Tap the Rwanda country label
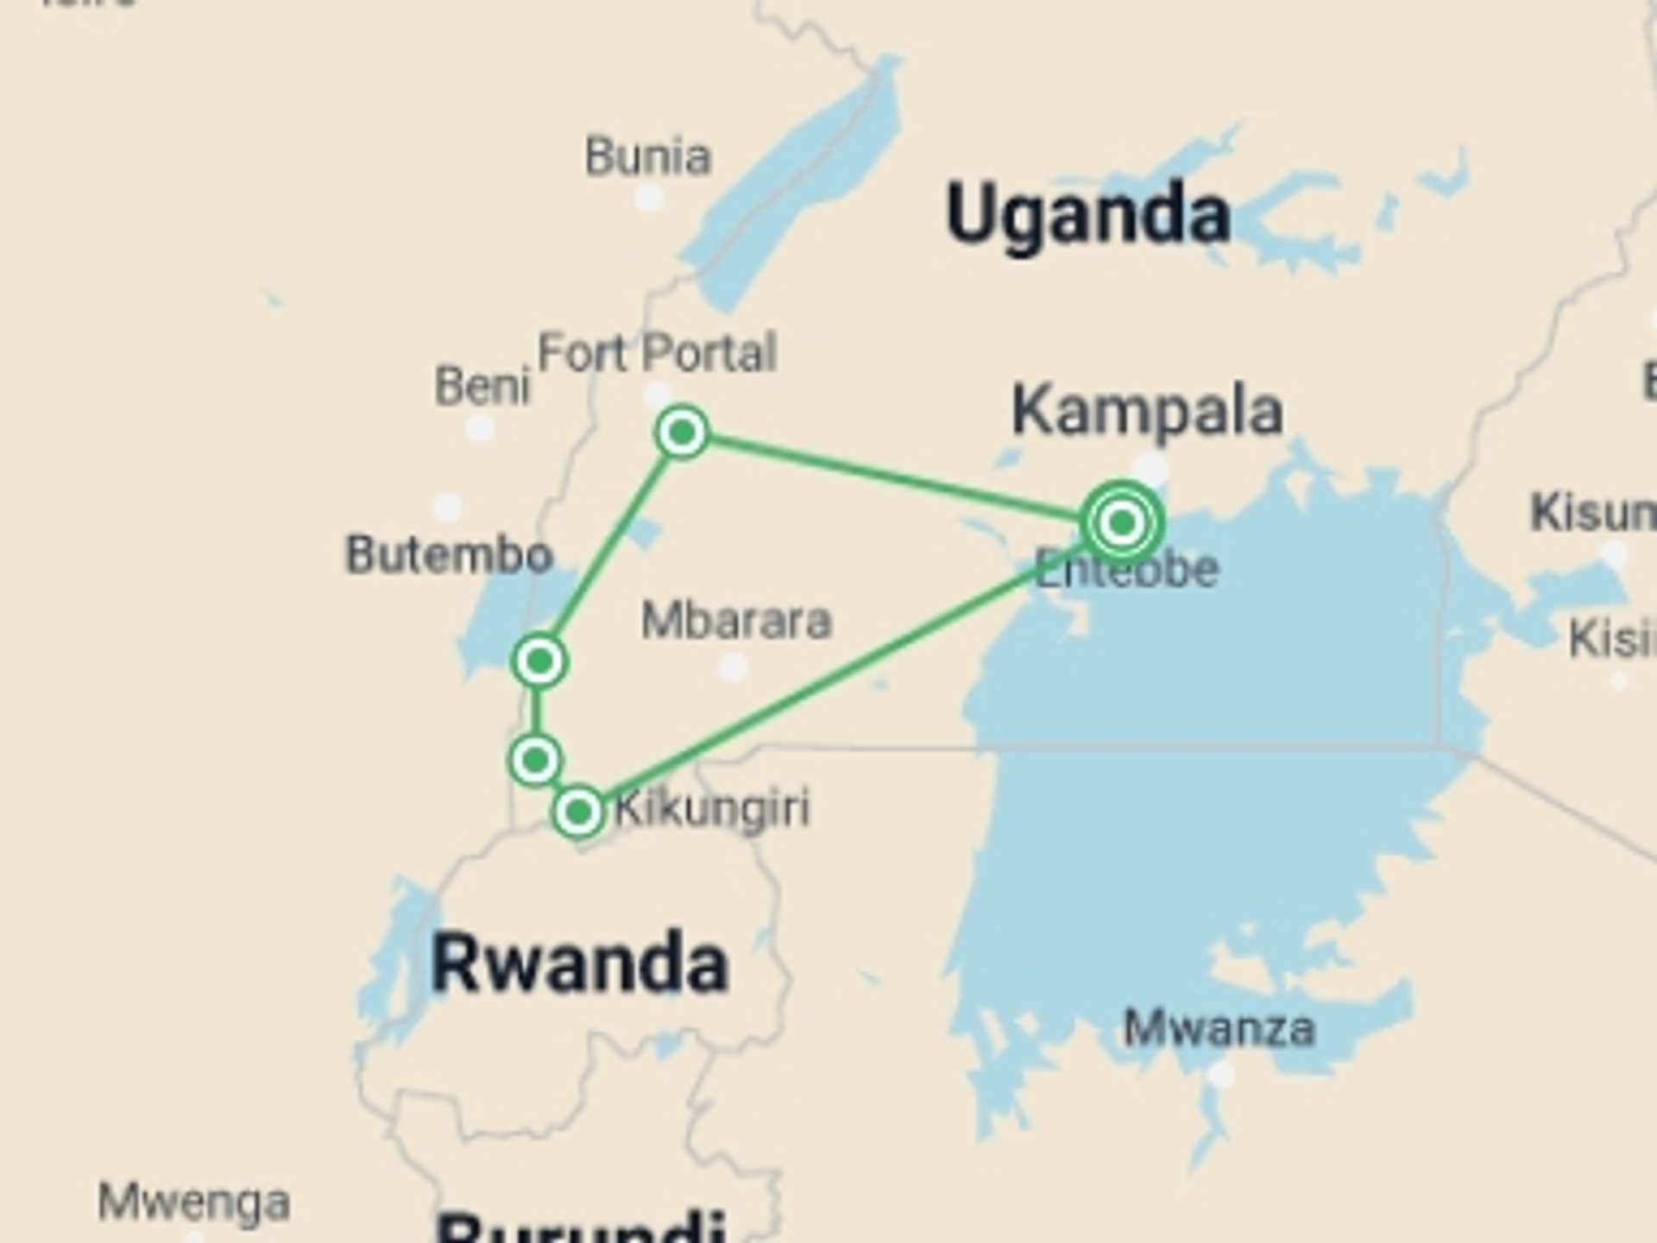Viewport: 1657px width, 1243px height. [x=579, y=963]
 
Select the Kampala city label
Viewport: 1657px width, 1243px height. [x=1147, y=412]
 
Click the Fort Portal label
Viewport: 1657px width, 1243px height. [x=657, y=352]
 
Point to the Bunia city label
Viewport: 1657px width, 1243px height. [x=648, y=157]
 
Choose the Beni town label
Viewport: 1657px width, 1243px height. [x=482, y=385]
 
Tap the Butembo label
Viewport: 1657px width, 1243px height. [x=449, y=554]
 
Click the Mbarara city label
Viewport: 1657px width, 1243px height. [x=736, y=621]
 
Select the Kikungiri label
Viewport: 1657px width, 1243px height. [x=713, y=809]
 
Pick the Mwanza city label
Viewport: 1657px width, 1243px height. [x=1219, y=1028]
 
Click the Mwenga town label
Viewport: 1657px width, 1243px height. [x=193, y=1202]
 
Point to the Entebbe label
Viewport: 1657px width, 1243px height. [x=1127, y=570]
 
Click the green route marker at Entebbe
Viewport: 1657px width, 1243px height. [x=1122, y=522]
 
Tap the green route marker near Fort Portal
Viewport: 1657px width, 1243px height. [x=682, y=432]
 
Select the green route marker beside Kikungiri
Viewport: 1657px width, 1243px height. [x=578, y=811]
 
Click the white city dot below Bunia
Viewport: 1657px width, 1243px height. [x=649, y=199]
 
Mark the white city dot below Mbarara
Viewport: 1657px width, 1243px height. [x=733, y=666]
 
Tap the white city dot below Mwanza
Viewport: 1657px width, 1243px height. [x=1220, y=1075]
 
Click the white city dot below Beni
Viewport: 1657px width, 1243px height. [x=480, y=427]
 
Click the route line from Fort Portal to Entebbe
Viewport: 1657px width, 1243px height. [x=898, y=477]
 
